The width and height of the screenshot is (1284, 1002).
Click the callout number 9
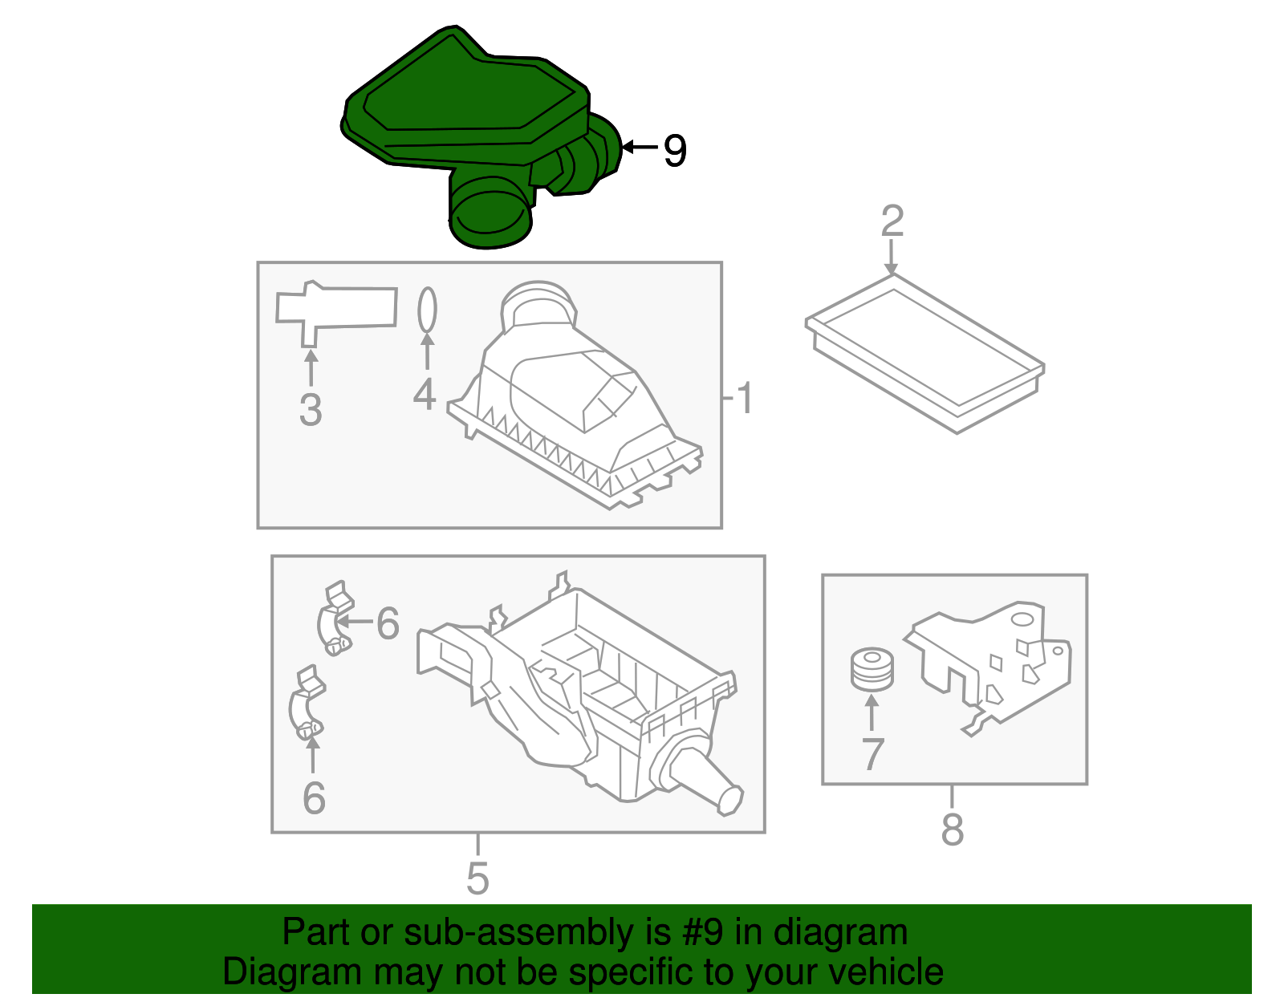click(674, 151)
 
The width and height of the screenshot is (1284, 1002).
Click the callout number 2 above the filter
click(892, 221)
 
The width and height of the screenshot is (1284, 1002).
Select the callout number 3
click(311, 410)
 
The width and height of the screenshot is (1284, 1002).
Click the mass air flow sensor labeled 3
click(335, 310)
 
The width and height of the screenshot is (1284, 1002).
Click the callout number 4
click(425, 394)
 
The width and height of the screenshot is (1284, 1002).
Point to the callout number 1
click(745, 399)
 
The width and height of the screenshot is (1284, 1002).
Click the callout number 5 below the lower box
click(477, 878)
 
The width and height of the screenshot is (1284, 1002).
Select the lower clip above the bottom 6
click(307, 706)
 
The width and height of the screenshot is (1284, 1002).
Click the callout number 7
click(872, 755)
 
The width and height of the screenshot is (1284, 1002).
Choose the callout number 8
click(953, 830)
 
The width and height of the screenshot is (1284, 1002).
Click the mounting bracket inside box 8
click(995, 666)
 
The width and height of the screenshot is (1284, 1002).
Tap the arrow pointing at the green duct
click(639, 147)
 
